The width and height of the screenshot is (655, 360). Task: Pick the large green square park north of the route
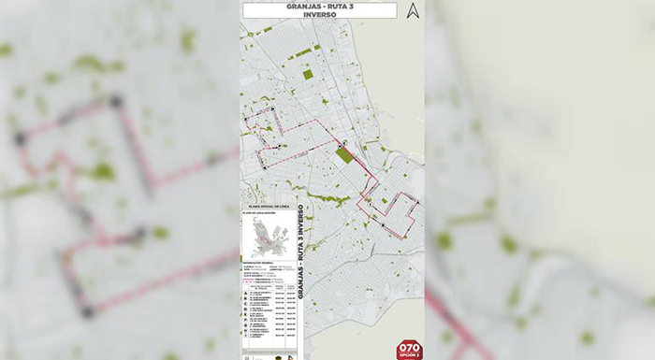click(x=308, y=74)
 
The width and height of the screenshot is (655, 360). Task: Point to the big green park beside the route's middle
click(x=345, y=154)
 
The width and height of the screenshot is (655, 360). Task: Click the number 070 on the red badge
click(x=410, y=346)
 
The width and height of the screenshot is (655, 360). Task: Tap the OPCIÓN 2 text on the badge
click(x=410, y=355)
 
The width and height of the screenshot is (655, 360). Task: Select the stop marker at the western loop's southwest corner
click(x=264, y=166)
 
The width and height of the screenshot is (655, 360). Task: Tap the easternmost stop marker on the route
click(x=417, y=204)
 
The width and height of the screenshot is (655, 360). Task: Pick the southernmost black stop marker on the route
click(x=383, y=225)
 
